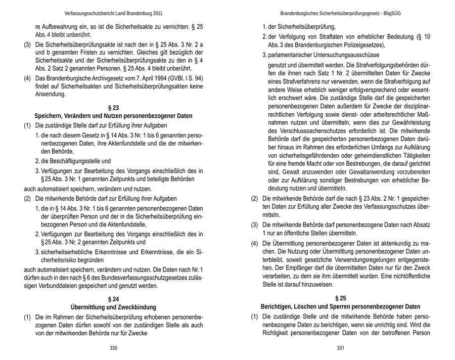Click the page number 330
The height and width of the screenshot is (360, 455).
(113, 348)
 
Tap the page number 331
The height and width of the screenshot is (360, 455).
(340, 348)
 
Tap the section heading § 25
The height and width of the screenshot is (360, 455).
(340, 298)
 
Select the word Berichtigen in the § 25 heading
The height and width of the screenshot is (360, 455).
(278, 307)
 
